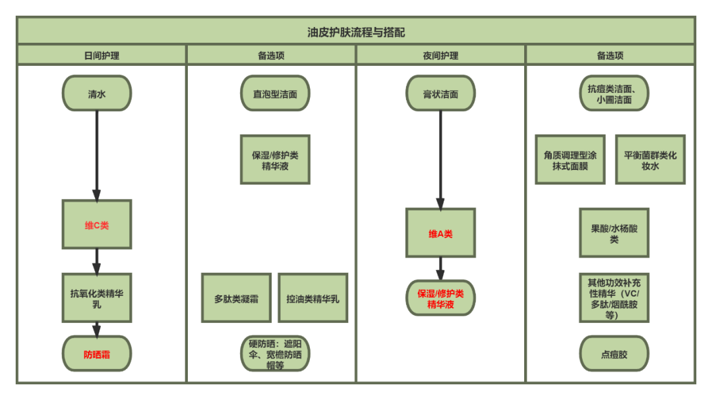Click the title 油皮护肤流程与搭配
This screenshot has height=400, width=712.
tap(356, 32)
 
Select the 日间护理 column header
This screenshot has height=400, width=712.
tap(102, 55)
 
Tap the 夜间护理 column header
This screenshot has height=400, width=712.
tap(440, 55)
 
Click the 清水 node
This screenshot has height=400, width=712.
tap(97, 94)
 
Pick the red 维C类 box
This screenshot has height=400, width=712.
tap(97, 225)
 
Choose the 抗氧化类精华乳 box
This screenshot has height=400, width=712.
tap(97, 299)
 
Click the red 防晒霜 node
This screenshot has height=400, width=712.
tap(97, 355)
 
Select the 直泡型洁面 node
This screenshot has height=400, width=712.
tap(275, 94)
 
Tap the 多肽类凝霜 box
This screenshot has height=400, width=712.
tap(236, 299)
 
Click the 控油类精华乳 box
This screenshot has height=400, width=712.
tap(312, 299)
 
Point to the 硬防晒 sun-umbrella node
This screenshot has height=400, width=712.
tap(275, 355)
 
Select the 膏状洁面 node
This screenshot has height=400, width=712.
tap(440, 94)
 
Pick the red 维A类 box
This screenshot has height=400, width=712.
tap(440, 233)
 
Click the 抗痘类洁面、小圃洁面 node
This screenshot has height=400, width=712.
tap(614, 94)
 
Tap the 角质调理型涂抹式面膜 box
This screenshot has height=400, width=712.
tap(570, 160)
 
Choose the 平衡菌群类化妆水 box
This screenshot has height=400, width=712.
tap(650, 160)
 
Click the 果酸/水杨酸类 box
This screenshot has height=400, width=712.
tap(614, 233)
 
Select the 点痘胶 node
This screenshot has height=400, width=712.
tap(614, 355)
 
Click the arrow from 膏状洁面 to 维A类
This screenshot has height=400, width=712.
tap(440, 158)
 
